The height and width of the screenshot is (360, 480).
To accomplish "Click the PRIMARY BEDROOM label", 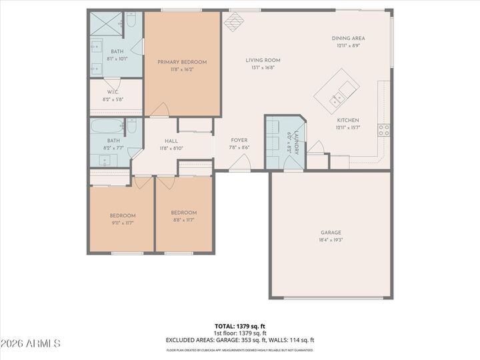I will [x=182, y=62].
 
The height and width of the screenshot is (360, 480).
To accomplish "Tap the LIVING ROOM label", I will [x=262, y=60].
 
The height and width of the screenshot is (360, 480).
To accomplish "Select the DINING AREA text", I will [x=349, y=38].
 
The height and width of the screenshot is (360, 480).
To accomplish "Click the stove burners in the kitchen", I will [x=384, y=130].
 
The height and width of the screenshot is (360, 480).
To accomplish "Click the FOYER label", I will [x=239, y=140].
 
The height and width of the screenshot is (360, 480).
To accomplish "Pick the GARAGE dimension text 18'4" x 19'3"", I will [x=330, y=240].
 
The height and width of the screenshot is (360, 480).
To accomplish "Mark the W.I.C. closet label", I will [x=113, y=92].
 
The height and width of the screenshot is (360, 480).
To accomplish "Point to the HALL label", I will [x=171, y=141].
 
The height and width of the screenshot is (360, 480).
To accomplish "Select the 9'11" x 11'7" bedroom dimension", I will [x=123, y=223].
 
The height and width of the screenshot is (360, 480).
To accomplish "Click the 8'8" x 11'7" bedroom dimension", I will [x=183, y=219].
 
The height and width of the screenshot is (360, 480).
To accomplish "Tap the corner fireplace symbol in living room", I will [x=233, y=23].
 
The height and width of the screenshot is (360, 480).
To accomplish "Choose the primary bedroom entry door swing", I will [x=160, y=109].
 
